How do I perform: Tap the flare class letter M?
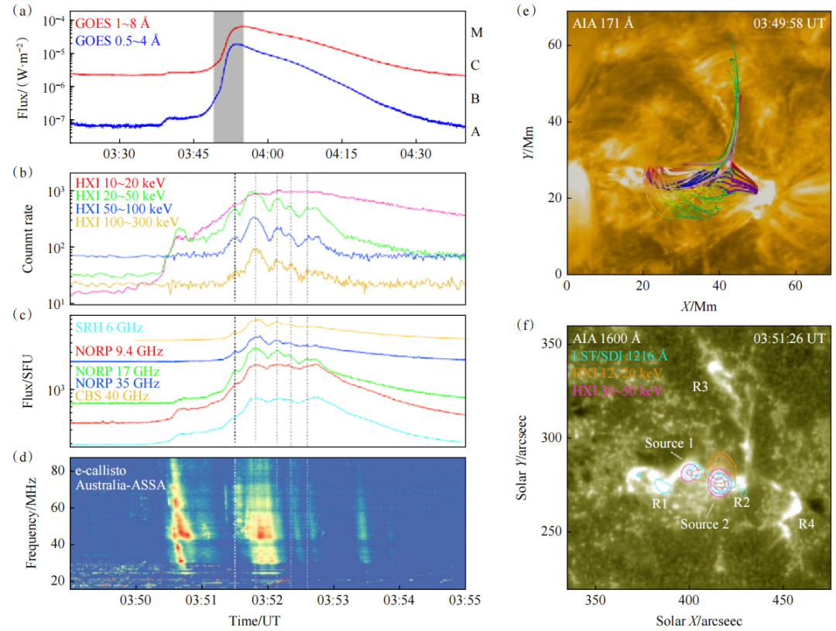click(x=477, y=33)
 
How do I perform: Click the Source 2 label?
click(x=705, y=524)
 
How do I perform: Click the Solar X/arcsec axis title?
click(x=698, y=621)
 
